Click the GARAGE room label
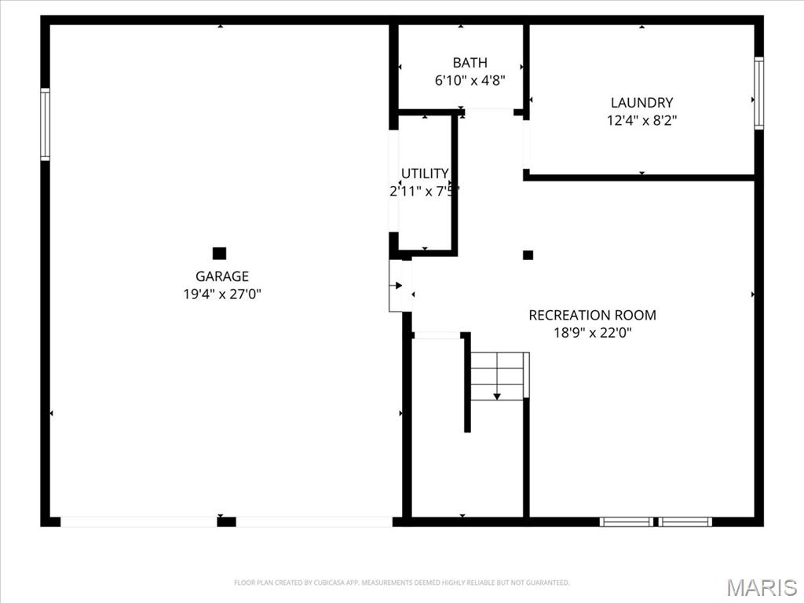pyautogui.click(x=221, y=276)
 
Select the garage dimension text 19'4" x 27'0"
pyautogui.click(x=221, y=294)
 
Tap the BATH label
pyautogui.click(x=470, y=63)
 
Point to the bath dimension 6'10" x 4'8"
pyautogui.click(x=470, y=80)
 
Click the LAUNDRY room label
pyautogui.click(x=641, y=103)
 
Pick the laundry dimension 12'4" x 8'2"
pyautogui.click(x=641, y=121)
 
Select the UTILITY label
pyautogui.click(x=425, y=174)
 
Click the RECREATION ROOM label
pyautogui.click(x=592, y=316)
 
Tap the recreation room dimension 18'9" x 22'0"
pyautogui.click(x=592, y=333)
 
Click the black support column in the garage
pyautogui.click(x=220, y=253)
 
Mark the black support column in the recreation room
pyautogui.click(x=528, y=254)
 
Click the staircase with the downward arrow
pyautogui.click(x=497, y=377)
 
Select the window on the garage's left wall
pyautogui.click(x=46, y=124)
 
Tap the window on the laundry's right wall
pyautogui.click(x=758, y=93)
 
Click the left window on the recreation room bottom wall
pyautogui.click(x=626, y=521)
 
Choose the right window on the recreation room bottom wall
pyautogui.click(x=685, y=521)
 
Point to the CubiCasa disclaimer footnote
pyautogui.click(x=401, y=583)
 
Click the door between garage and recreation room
pyautogui.click(x=400, y=286)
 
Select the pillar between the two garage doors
pyautogui.click(x=226, y=521)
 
